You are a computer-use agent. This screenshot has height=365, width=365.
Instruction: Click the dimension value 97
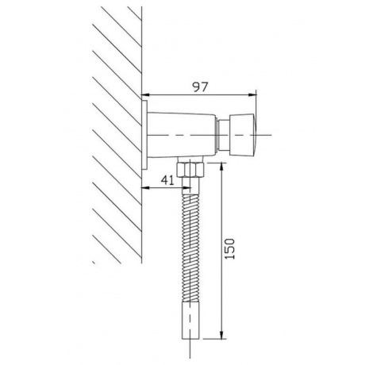pos(200,86)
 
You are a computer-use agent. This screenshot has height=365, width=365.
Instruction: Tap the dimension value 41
pos(167,180)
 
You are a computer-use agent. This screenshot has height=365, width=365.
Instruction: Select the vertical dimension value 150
pos(230,248)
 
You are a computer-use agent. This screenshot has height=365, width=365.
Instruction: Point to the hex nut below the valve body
pos(191,170)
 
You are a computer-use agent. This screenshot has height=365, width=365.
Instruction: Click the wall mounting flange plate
pos(144,135)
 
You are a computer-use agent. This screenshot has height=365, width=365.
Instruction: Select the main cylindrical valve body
pos(182,135)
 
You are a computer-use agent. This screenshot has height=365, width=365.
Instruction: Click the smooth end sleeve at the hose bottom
pos(190,321)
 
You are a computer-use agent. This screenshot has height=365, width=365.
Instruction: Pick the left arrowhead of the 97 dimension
pos(146,95)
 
